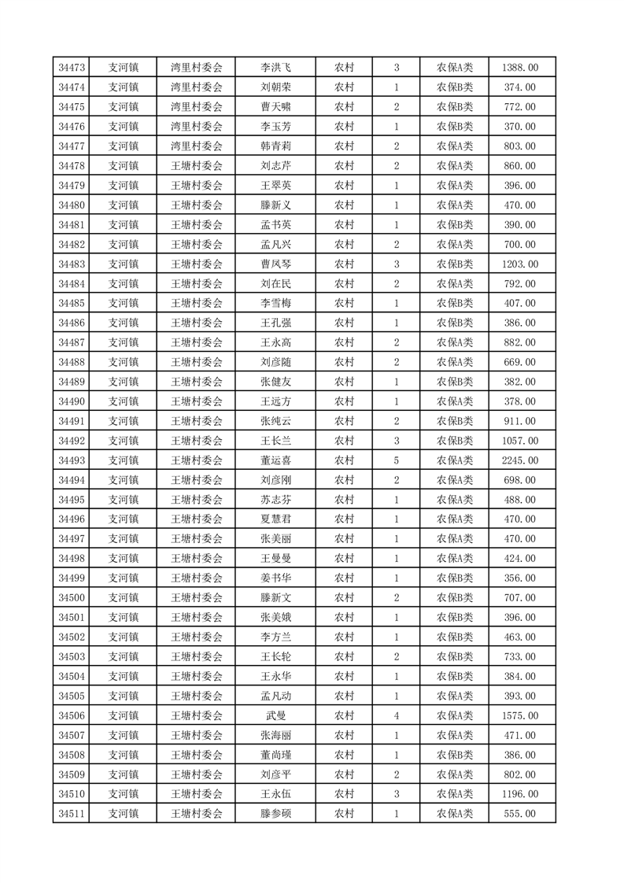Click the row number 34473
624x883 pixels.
pos(72,68)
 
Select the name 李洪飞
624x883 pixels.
pos(275,68)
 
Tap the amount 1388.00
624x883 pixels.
pos(519,68)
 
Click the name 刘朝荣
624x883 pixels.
pos(275,87)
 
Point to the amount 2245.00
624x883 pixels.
pos(519,460)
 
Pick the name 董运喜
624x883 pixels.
pos(275,460)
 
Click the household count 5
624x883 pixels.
pos(396,460)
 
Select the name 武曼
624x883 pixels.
pos(275,715)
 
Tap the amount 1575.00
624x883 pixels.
pos(519,715)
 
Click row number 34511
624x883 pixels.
pos(72,813)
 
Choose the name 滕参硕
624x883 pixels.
pos(275,813)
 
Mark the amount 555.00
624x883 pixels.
pos(519,813)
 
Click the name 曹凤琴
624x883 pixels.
pos(275,264)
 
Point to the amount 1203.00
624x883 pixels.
pos(519,264)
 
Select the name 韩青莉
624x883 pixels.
pos(275,146)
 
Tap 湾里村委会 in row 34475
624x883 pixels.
pos(197,107)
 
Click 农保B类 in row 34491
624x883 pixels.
pos(455,421)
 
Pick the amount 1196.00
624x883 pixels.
pos(519,793)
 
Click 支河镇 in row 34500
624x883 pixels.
pos(124,597)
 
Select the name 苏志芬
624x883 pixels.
pos(275,499)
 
